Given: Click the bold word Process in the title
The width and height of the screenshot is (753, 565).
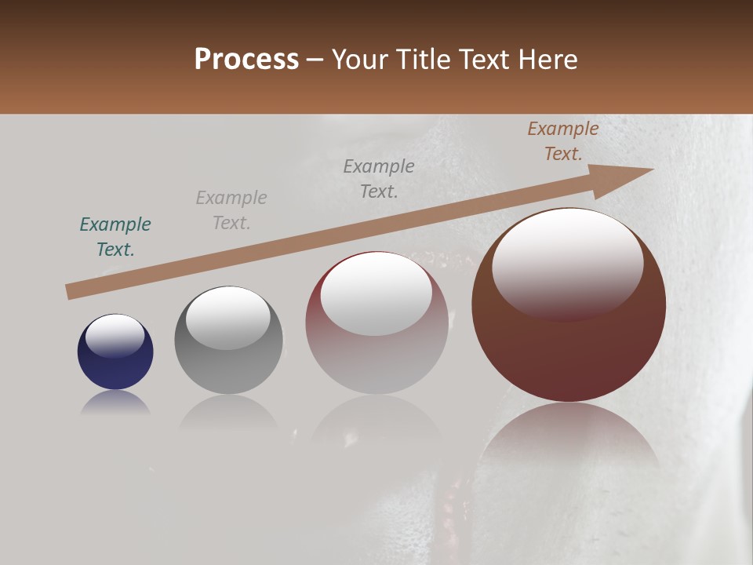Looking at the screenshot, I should [246, 60].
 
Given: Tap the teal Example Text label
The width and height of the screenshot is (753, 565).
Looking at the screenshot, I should [115, 237].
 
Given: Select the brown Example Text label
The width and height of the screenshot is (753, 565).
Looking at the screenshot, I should [563, 141].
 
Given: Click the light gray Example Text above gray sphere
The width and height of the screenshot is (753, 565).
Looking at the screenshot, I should [231, 210].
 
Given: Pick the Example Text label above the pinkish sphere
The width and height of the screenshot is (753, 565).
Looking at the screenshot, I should [379, 178].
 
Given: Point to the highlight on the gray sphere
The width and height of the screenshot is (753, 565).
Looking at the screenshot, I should [228, 315].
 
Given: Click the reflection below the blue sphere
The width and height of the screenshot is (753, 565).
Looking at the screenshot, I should [115, 404].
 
